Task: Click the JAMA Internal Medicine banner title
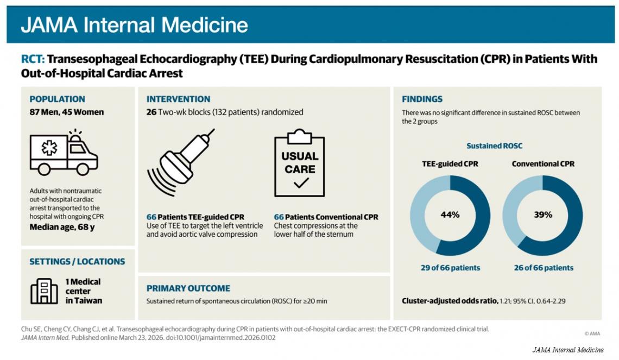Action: tap(135, 25)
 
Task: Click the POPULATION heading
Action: tap(57, 99)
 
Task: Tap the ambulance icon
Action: tap(64, 153)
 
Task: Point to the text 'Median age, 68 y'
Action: tap(62, 227)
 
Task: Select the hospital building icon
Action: tap(44, 292)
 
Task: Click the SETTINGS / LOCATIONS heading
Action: tap(77, 262)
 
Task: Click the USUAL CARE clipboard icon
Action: tap(300, 163)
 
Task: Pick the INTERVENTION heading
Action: tap(179, 99)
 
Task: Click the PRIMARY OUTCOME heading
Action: tap(188, 288)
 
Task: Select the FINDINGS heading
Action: tap(422, 99)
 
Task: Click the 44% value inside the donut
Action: tap(450, 214)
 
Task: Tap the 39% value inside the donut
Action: tap(543, 214)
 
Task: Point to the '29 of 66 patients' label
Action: tap(451, 268)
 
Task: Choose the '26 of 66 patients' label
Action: tap(544, 268)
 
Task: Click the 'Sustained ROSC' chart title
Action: tap(494, 146)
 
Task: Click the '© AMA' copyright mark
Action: tap(592, 333)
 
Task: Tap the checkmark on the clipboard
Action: tap(301, 183)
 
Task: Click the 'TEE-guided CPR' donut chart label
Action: tap(450, 164)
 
